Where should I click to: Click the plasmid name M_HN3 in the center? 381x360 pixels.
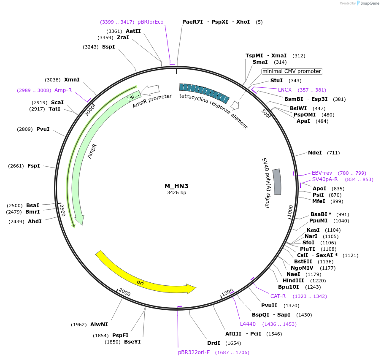coord(176,186)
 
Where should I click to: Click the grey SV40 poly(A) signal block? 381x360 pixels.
coord(277,181)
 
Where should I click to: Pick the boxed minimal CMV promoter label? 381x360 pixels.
coord(292,71)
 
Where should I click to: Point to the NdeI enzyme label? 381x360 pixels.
coord(315,153)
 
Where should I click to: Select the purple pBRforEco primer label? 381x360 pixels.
coord(151,22)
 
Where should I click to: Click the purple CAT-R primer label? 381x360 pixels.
coord(278,296)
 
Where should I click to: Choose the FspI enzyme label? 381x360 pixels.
coord(34,166)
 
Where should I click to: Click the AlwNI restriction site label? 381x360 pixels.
coord(99,325)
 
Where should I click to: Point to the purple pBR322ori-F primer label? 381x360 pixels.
coord(194,352)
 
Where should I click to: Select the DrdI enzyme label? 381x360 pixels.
coord(213,343)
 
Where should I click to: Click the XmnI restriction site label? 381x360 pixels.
coord(72,79)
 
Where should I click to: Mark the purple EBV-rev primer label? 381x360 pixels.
coord(322,173)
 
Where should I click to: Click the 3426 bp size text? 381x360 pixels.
coord(176,193)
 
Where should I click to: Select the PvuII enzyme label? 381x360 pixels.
coord(269,306)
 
